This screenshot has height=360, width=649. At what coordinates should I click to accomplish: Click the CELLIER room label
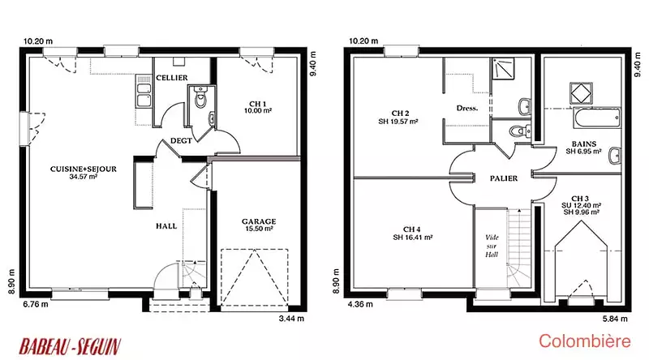(172, 78)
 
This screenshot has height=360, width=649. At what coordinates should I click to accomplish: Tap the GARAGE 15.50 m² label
(259, 225)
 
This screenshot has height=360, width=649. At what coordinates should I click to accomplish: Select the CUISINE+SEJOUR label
(84, 173)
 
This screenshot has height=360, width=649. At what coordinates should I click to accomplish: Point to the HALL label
(166, 226)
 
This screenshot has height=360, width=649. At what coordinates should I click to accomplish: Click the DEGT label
(181, 141)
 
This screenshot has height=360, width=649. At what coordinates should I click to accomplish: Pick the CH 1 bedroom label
(258, 107)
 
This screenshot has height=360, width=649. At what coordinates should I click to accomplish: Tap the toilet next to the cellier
(200, 96)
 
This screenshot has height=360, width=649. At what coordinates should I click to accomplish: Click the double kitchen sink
(144, 92)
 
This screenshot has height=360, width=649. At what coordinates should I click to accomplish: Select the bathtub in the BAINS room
(597, 118)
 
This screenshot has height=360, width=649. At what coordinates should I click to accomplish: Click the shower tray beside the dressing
(503, 69)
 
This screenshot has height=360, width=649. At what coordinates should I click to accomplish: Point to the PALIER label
(504, 178)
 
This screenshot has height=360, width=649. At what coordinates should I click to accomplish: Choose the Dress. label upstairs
(467, 109)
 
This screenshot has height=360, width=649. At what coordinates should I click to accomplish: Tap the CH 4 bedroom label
(413, 233)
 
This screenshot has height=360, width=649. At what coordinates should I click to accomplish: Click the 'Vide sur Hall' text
(492, 246)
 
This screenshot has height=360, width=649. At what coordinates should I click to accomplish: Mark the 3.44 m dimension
(291, 318)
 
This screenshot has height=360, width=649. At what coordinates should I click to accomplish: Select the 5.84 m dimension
(615, 319)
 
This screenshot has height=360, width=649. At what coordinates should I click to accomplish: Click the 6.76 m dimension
(36, 304)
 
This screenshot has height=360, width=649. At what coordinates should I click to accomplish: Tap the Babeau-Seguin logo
(70, 346)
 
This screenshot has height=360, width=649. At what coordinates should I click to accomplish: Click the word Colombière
(585, 341)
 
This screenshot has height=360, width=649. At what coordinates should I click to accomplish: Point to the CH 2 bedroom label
(398, 117)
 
